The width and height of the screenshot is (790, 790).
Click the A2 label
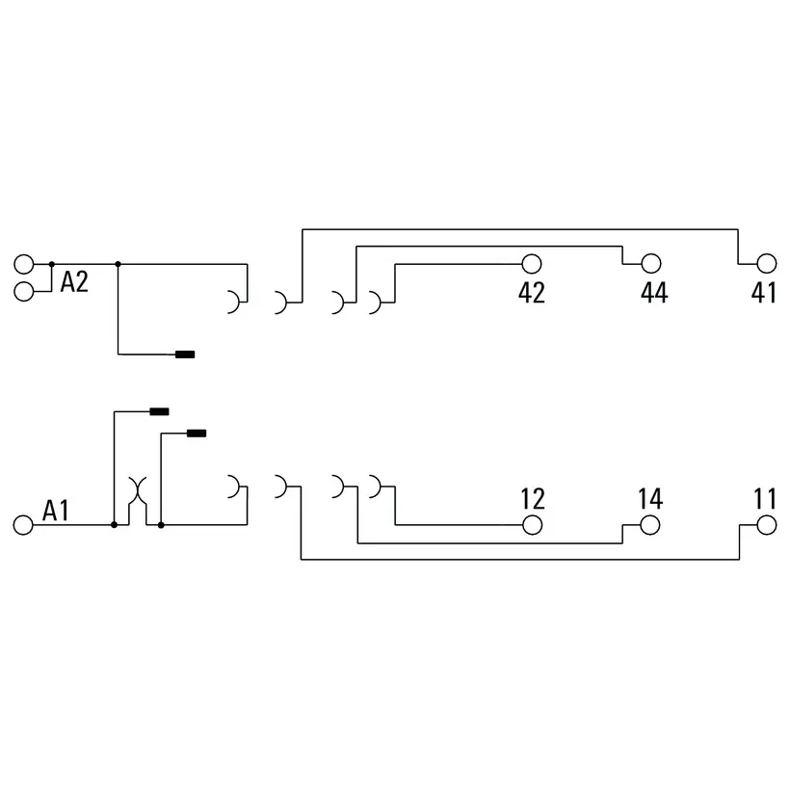74,281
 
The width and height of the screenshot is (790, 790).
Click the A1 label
56,511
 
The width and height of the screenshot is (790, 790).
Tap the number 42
532,292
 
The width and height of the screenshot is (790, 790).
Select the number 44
654,292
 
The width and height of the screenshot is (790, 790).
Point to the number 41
763,292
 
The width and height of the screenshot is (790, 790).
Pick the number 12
533,499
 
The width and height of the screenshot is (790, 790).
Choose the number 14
650,499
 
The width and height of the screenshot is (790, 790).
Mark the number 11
765,499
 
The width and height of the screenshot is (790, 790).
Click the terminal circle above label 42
532,264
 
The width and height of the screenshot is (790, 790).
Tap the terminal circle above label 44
651,263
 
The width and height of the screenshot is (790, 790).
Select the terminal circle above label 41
767,263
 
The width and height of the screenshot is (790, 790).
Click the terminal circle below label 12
532,525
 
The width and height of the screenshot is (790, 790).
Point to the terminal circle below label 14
650,525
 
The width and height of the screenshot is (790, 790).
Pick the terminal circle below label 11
766,525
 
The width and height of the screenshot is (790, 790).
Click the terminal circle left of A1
23,525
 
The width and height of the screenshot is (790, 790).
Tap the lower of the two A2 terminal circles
24,292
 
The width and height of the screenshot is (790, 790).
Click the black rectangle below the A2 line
185,355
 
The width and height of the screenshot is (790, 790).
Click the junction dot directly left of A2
51,264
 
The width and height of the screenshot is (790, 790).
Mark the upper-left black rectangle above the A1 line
159,411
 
